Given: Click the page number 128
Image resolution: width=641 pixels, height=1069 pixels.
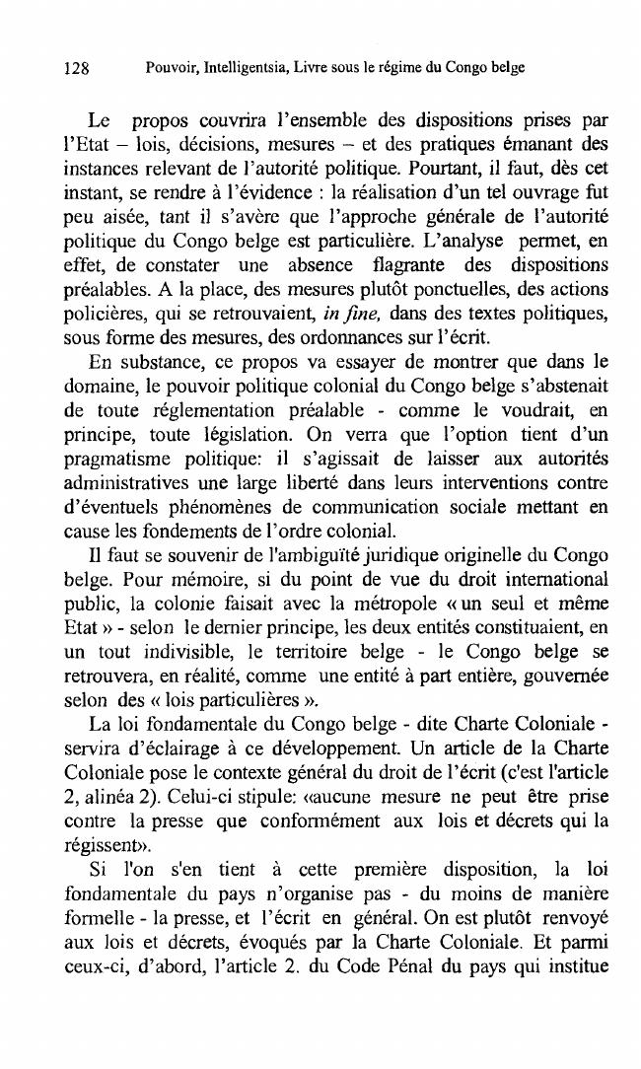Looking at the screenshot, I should tap(76, 68).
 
